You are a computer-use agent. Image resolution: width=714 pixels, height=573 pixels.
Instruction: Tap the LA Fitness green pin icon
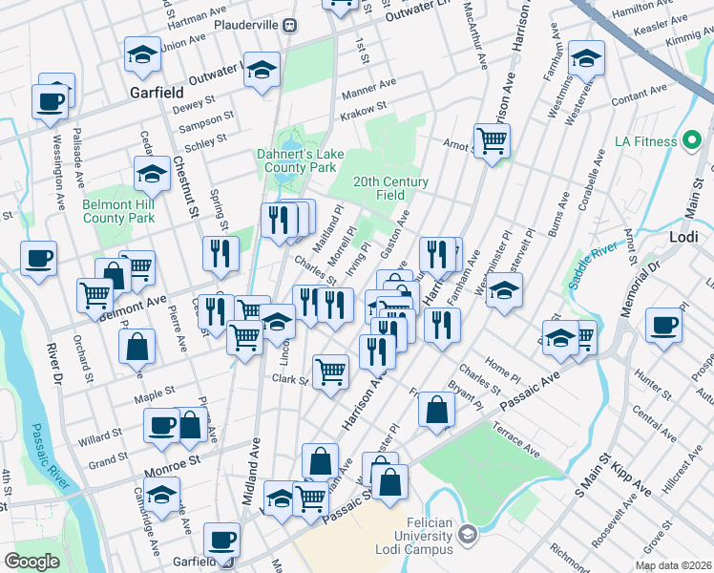694,141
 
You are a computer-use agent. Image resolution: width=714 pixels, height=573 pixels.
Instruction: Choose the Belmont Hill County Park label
118,211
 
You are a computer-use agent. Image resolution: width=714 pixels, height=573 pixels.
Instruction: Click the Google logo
31,562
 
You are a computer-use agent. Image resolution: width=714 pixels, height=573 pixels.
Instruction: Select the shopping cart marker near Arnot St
492,141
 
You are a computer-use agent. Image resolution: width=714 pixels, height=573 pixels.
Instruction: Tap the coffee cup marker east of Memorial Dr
662,325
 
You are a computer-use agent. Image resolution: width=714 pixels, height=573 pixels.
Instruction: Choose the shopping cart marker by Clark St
330,371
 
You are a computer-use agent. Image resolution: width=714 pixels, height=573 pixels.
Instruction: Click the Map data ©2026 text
673,565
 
